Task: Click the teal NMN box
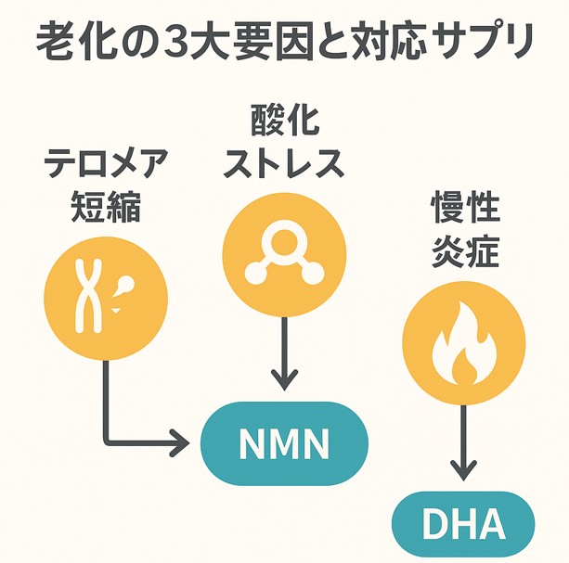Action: click(x=284, y=443)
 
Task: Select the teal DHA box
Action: click(x=464, y=525)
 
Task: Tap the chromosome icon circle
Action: click(x=106, y=296)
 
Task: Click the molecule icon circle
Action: click(x=285, y=253)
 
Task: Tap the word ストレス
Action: click(x=285, y=164)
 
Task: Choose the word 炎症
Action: click(x=465, y=251)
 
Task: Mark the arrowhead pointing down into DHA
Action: click(x=465, y=469)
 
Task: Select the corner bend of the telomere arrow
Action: click(x=107, y=442)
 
